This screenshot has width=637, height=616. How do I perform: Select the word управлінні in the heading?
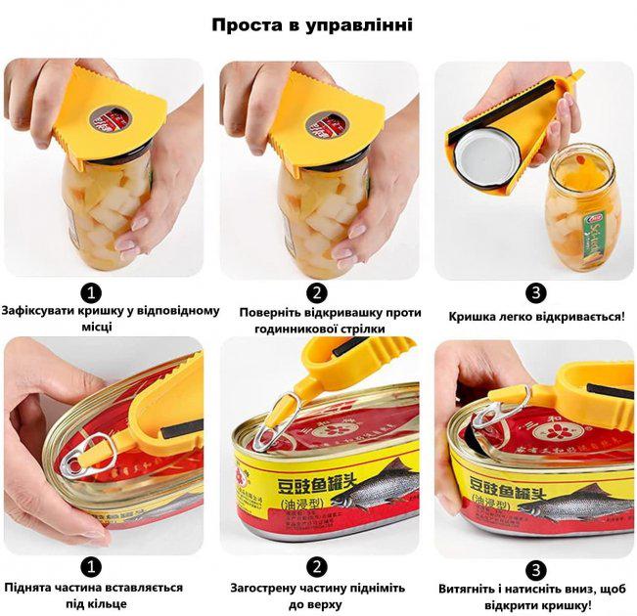[x=364, y=24]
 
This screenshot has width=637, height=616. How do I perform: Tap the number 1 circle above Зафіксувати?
[x=91, y=291]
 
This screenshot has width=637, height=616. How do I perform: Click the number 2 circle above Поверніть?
[x=317, y=291]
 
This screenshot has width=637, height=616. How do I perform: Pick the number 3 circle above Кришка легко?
[x=536, y=292]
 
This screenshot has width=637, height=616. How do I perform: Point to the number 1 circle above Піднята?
[x=91, y=566]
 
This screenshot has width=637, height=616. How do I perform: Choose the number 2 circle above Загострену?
[x=317, y=566]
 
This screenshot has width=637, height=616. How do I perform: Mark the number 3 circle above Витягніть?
[x=536, y=569]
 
